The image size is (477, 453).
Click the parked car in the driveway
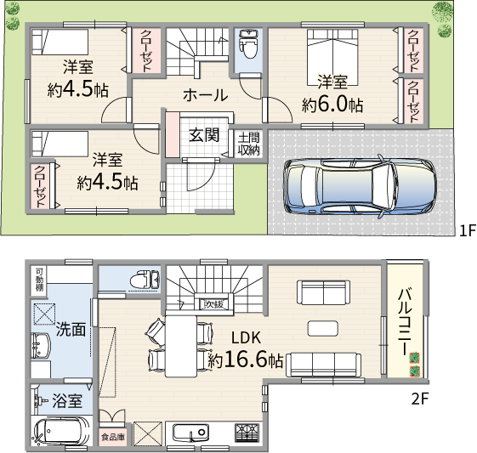360,186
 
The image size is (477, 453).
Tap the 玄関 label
204,135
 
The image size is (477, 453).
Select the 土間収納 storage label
248,144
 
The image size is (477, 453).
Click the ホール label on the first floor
206,95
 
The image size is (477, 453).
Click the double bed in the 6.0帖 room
332,57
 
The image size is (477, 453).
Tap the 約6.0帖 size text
332,105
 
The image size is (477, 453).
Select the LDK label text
246,337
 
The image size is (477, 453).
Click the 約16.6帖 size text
245,360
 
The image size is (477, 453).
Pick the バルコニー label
406,321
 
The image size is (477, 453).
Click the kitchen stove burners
247,433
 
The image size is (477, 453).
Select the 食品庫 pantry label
113,437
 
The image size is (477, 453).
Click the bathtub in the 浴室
60,432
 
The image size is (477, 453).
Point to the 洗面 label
71,329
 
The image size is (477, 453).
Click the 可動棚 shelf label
40,280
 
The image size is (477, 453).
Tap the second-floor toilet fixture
145,280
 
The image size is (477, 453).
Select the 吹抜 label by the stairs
214,304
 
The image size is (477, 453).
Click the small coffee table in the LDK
322,329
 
